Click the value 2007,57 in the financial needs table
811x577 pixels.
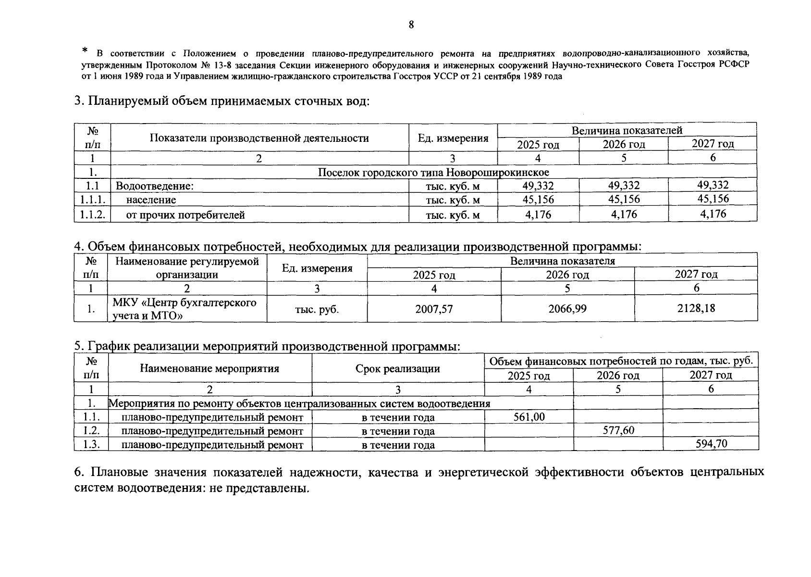(x=434, y=309)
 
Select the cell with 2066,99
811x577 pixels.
(x=567, y=309)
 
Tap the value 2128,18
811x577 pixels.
(x=696, y=308)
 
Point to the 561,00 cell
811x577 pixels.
(x=529, y=417)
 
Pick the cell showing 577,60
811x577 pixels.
(x=618, y=430)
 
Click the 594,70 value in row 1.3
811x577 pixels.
(x=711, y=443)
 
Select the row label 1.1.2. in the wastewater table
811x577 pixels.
(x=92, y=214)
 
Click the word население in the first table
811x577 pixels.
(x=151, y=200)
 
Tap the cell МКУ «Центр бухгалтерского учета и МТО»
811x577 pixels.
(x=185, y=309)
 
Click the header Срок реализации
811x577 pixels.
(x=397, y=369)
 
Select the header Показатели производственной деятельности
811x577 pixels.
(x=259, y=138)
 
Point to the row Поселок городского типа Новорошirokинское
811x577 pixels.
(x=433, y=172)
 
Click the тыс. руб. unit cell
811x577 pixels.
(x=317, y=309)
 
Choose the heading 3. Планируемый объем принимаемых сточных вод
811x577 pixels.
(x=222, y=101)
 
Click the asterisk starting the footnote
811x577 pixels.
(x=85, y=50)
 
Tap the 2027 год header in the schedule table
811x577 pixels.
(x=711, y=375)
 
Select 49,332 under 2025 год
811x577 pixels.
(x=538, y=186)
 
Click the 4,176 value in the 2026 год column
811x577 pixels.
(x=624, y=214)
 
